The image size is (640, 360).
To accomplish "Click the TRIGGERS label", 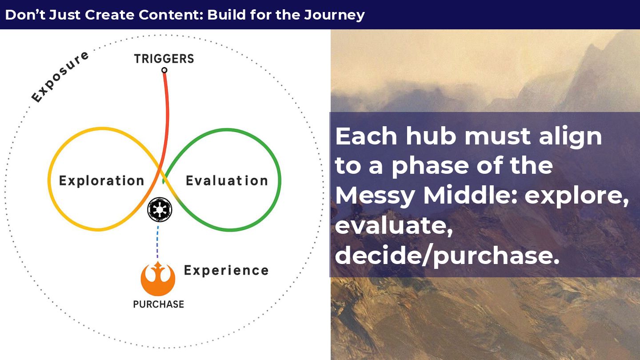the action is (164, 59).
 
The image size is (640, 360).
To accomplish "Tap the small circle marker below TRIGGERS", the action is (164, 70).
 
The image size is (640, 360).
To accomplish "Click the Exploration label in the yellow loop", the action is (101, 180).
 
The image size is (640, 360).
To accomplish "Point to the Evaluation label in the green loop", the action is (227, 180).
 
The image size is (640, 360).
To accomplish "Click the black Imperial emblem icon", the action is (160, 209).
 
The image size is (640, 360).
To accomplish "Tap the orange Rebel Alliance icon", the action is (158, 279).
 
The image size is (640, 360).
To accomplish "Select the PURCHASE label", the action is (159, 304).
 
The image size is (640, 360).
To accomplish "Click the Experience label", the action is (226, 271).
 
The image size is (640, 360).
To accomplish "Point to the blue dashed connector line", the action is (158, 242).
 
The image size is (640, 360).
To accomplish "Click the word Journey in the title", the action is (334, 15).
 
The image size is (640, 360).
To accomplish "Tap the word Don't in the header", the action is (25, 15).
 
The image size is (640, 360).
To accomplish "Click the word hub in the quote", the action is (431, 136).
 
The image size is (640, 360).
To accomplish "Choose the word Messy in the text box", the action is (375, 196).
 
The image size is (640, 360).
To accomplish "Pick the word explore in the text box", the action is (576, 196).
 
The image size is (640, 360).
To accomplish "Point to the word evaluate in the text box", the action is (394, 226).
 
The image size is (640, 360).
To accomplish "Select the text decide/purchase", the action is (447, 256).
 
